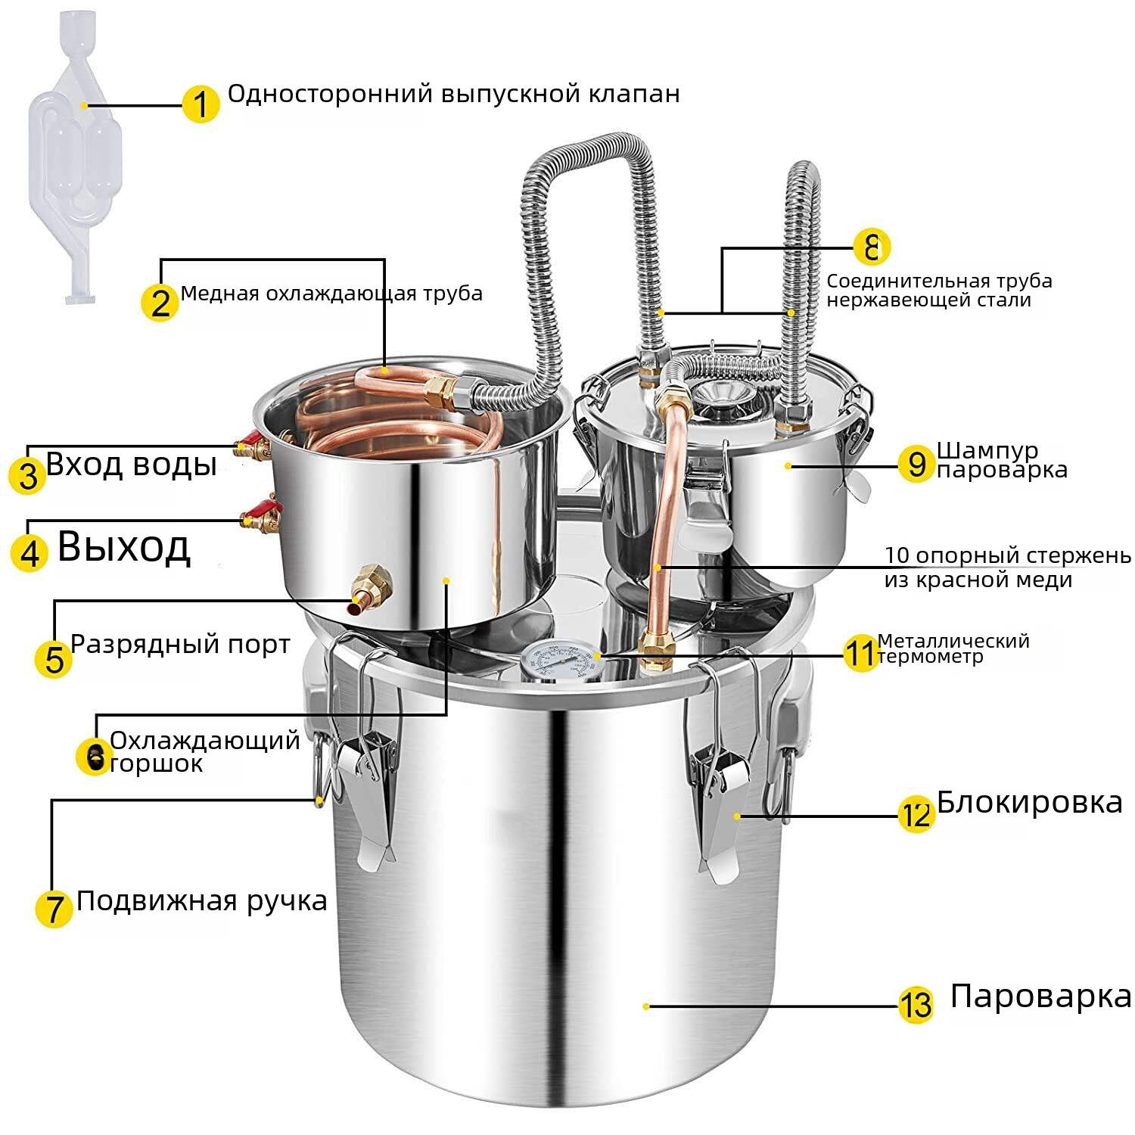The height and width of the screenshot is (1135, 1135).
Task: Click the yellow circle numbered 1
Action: (201, 104)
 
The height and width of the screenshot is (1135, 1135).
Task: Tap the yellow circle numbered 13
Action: (916, 1006)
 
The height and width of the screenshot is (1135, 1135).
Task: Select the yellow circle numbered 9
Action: (916, 463)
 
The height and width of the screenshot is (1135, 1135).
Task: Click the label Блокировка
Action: (1029, 802)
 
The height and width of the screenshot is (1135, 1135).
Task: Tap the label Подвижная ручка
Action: (201, 901)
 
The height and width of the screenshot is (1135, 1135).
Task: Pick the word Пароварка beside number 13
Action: (1040, 996)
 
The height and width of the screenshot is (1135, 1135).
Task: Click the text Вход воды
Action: (131, 463)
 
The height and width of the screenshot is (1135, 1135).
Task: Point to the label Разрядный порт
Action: (180, 644)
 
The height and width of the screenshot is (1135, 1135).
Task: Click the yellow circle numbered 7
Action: (54, 908)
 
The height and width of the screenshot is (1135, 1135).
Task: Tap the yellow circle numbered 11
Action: (860, 653)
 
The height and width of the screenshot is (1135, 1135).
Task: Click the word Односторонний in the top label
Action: (330, 94)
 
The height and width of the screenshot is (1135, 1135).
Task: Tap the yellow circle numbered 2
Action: (160, 303)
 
